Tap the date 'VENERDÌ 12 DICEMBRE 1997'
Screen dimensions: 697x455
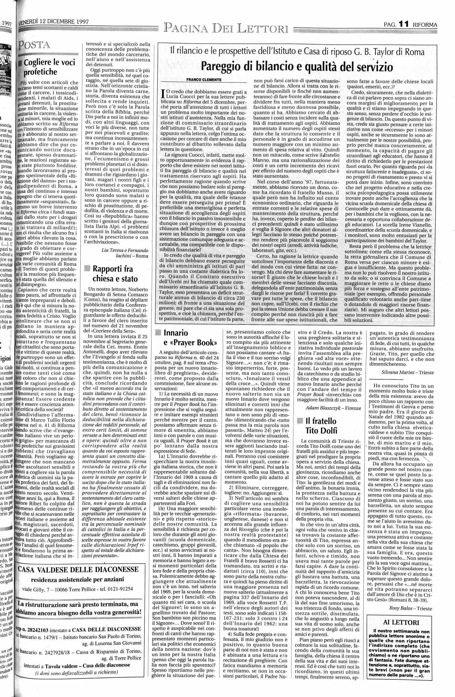coord(54,22)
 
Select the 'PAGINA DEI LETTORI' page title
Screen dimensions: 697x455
coord(226,28)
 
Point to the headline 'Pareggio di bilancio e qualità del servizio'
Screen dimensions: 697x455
coord(297,67)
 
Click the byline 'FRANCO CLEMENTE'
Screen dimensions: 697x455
coord(204,79)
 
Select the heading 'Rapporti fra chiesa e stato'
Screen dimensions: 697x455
coord(115,274)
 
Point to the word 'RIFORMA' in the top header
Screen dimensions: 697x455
coord(425,25)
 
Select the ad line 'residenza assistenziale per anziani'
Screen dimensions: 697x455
coord(77,579)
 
